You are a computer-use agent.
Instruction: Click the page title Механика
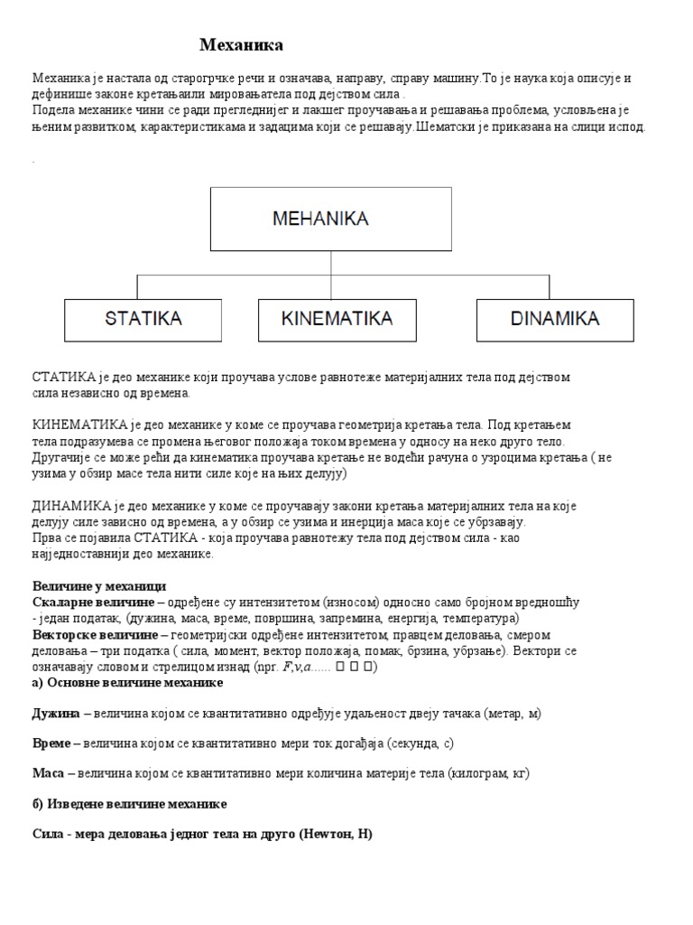(241, 45)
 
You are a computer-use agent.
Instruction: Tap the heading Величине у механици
(99, 586)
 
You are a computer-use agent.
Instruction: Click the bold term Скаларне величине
(83, 603)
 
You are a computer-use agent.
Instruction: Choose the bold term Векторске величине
(88, 635)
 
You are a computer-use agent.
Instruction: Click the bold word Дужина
(56, 713)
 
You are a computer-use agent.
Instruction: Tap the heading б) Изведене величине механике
(130, 804)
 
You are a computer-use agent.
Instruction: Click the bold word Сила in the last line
(48, 835)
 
